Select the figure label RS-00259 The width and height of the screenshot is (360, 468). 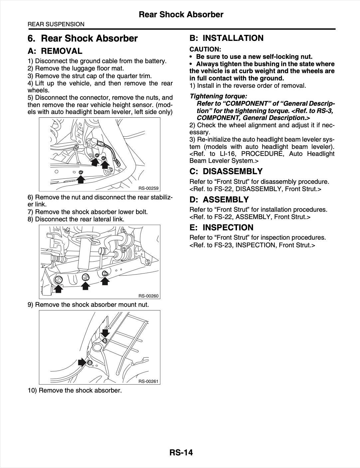point(148,188)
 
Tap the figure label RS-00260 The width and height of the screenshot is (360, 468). point(148,296)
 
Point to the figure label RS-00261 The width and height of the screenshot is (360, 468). point(148,381)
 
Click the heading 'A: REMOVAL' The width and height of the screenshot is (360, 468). point(55,51)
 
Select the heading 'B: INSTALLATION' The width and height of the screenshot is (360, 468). point(226,38)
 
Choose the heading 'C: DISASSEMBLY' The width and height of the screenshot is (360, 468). point(226,172)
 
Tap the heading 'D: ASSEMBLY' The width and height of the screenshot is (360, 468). point(219,199)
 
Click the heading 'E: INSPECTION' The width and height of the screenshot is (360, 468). point(221,228)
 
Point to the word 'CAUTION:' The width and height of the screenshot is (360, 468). point(205,49)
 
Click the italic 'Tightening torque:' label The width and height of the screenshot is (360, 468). point(218,96)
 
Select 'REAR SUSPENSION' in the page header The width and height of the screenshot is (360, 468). point(56,24)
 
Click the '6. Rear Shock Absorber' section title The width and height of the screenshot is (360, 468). point(83,39)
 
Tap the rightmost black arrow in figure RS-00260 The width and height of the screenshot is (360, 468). point(105,281)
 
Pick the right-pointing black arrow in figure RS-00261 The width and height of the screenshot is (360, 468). point(82,362)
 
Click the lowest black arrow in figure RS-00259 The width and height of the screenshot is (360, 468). point(81,179)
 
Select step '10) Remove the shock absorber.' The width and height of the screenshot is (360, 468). point(75,390)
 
